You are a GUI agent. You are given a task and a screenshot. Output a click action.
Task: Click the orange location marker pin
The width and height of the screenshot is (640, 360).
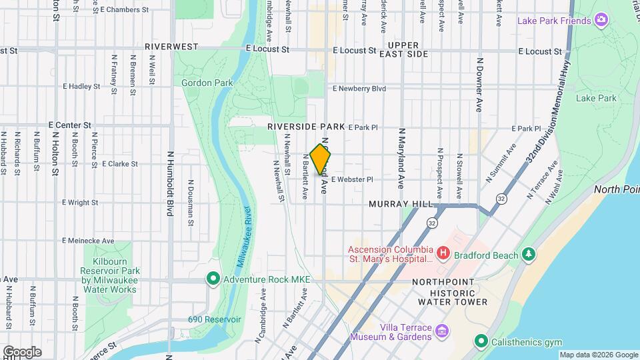321,159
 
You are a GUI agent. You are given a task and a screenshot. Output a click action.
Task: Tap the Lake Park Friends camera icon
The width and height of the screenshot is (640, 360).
601,20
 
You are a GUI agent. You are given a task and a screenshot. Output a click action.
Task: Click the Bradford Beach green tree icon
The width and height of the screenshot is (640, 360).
529,253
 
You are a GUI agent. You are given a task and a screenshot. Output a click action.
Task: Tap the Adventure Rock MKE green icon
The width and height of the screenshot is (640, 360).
213,279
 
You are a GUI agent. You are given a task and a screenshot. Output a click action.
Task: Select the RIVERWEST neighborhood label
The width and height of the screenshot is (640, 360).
172,47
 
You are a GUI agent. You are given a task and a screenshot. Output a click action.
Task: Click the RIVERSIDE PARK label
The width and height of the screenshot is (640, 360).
306,126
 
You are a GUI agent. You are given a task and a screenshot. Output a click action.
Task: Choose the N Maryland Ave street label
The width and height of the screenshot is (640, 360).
401,158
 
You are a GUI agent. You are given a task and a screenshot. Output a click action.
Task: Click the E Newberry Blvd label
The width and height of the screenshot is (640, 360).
359,88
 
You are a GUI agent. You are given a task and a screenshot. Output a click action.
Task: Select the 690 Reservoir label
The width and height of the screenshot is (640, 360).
214,319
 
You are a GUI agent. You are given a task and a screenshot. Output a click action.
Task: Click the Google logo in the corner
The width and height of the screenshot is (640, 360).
21,351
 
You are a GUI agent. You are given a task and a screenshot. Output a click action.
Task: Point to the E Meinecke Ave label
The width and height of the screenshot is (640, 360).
88,241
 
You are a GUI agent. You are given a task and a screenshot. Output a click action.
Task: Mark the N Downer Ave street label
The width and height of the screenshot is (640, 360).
479,85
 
